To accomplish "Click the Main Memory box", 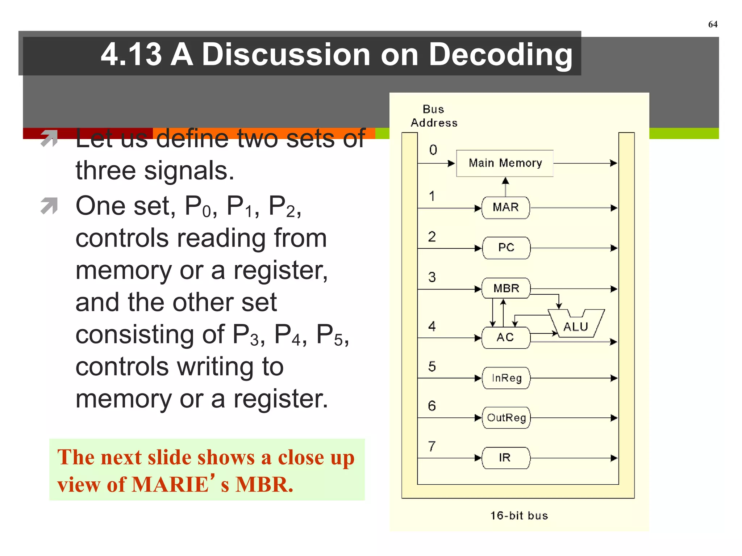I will (505, 163).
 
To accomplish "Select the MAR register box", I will (505, 208).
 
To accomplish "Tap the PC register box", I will (506, 248).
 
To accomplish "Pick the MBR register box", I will (506, 288).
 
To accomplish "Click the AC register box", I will (505, 338).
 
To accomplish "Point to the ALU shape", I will (576, 325).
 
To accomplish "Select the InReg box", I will (506, 378).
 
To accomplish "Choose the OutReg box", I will (506, 418).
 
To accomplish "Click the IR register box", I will (505, 458).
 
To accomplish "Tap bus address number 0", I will (433, 150).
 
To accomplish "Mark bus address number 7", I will (432, 446).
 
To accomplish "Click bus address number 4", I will (432, 326).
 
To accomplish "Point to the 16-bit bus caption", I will (519, 515).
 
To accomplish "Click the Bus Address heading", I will (434, 116).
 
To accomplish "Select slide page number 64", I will (713, 24).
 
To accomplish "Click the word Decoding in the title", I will (500, 54).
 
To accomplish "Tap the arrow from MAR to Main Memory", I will (505, 187).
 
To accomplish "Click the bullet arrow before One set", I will (49, 206).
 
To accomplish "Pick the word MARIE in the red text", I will (170, 485).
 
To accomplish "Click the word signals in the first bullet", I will (188, 171).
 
